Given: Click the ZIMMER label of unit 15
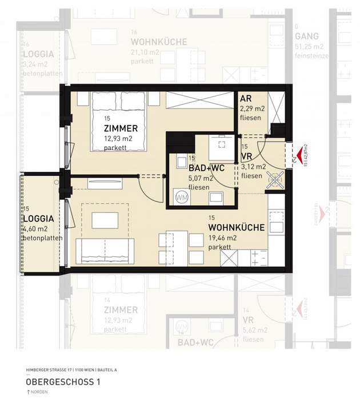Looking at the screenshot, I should pyautogui.click(x=121, y=128).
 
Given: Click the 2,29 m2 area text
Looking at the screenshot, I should pyautogui.click(x=252, y=108).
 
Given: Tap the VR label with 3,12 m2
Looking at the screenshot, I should pyautogui.click(x=247, y=156).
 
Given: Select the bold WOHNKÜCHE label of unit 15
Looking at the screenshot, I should pyautogui.click(x=236, y=227).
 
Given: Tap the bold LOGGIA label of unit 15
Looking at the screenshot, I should pyautogui.click(x=38, y=219).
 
